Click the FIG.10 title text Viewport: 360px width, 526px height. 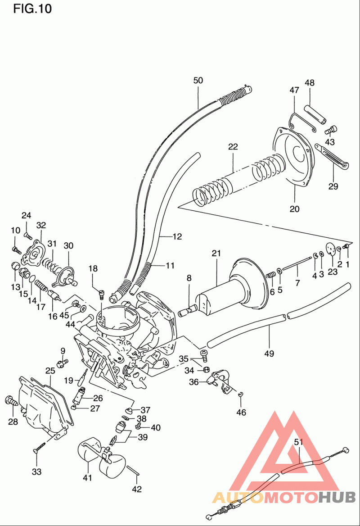32,9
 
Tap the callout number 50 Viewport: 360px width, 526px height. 198,81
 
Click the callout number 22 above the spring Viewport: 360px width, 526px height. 233,147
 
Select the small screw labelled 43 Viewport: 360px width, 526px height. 332,129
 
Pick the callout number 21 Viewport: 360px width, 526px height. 216,253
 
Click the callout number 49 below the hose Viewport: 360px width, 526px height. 269,353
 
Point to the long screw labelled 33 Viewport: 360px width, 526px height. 39,448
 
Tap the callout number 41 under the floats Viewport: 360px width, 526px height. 87,477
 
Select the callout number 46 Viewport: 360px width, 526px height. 241,412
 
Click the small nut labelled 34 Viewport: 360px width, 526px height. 206,369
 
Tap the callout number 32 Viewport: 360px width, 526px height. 41,225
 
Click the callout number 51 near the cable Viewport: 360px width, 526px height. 298,442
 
